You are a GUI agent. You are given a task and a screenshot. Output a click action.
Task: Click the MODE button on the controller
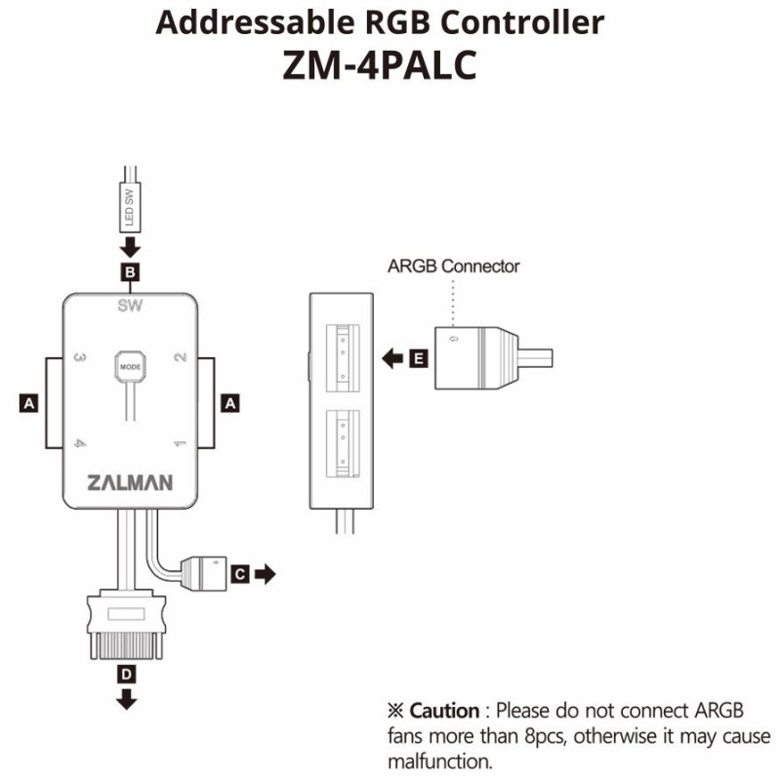pos(130,367)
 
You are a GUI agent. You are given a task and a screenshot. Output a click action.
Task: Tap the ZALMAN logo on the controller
pos(130,482)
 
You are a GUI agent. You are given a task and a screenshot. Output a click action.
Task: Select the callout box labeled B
pos(130,272)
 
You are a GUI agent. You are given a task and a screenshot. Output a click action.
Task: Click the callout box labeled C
pos(240,574)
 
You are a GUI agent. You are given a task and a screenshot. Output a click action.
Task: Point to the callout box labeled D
pos(127,675)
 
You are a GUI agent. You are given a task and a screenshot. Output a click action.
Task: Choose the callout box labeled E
pos(419,358)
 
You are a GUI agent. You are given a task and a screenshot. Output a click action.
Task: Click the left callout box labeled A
pos(29,403)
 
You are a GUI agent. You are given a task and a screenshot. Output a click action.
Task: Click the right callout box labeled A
pos(230,403)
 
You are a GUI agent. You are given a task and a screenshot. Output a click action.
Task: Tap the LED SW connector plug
pos(130,207)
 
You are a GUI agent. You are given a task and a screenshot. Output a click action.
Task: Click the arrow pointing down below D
pos(127,699)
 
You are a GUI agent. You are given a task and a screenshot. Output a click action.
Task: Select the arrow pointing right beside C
pos(265,574)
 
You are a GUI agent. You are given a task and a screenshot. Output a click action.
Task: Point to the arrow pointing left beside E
pos(392,358)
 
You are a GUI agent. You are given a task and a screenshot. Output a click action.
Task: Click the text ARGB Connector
pos(453,267)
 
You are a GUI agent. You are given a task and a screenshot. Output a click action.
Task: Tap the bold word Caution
pos(444,711)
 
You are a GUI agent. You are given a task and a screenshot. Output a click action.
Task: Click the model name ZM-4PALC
pos(380,65)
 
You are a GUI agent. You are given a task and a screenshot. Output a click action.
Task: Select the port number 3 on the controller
pos(80,357)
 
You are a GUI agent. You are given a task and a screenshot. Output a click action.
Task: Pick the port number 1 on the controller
pos(180,443)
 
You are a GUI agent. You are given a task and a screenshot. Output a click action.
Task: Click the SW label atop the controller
pos(130,305)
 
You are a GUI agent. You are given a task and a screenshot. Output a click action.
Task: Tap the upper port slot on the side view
pos(343,358)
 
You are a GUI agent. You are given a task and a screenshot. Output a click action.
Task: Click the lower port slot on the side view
pos(343,444)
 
